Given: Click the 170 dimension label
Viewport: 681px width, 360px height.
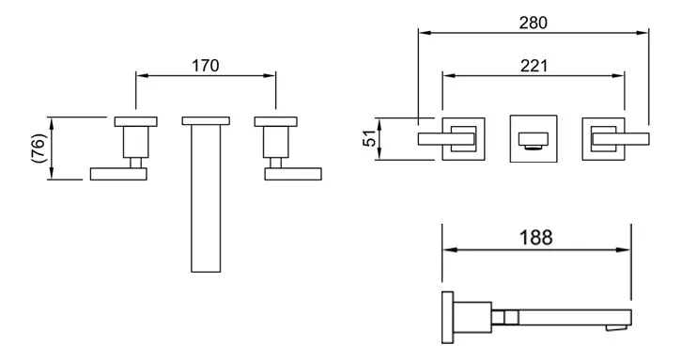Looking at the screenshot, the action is [x=206, y=66].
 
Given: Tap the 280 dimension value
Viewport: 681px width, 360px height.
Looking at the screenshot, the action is [x=534, y=23].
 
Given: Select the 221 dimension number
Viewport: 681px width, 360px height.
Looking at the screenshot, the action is [x=534, y=66].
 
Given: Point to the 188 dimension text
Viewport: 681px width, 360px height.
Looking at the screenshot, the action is [x=536, y=238].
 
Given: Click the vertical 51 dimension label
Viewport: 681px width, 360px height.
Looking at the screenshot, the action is [x=369, y=138].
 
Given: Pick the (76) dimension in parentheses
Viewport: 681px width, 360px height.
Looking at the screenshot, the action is [x=39, y=148].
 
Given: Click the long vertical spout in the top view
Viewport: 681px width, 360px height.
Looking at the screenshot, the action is [x=206, y=198].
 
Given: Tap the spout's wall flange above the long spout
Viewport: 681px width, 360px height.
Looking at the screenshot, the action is [x=206, y=121].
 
